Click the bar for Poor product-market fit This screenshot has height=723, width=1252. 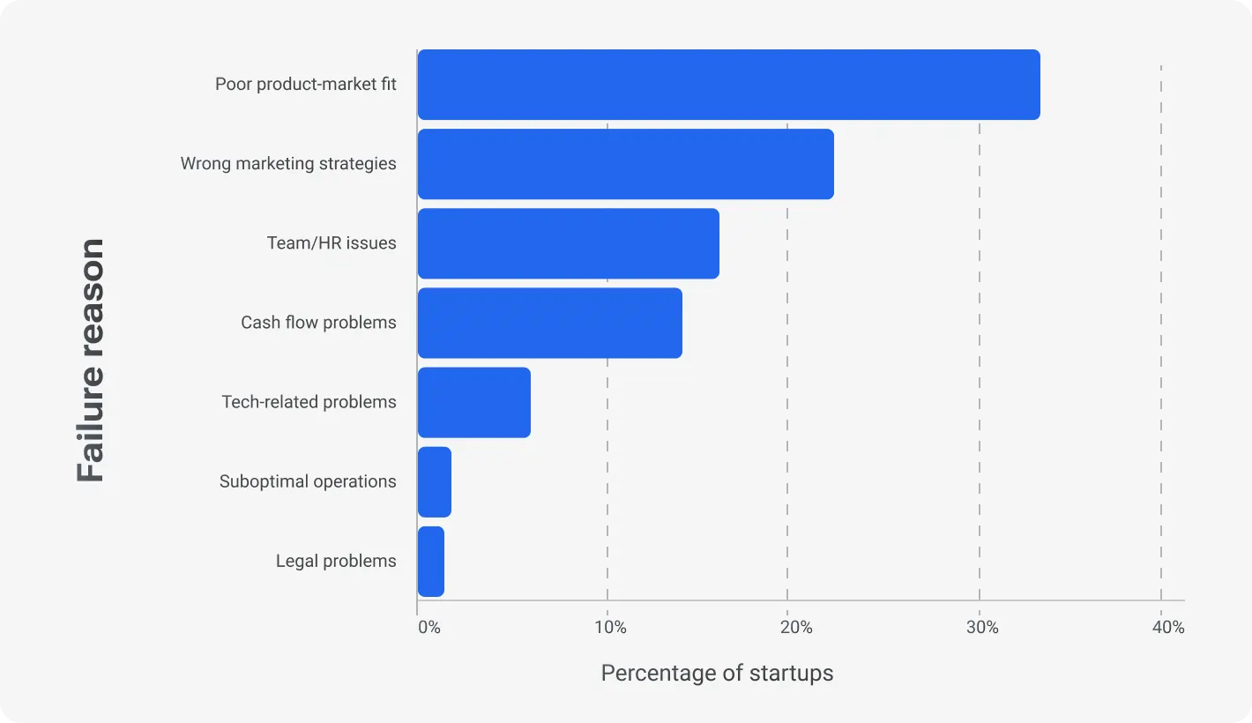click(728, 85)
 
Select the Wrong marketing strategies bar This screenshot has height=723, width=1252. click(625, 164)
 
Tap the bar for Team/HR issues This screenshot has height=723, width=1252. click(568, 243)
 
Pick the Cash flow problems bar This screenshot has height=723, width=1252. click(549, 323)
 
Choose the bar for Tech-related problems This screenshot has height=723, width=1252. click(473, 402)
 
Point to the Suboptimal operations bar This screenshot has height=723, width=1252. click(434, 481)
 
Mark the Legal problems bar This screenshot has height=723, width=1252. click(430, 561)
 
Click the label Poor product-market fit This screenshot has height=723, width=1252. click(305, 85)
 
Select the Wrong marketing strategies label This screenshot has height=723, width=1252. click(288, 164)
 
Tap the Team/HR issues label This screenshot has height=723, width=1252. click(332, 243)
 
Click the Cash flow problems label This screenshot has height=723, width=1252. click(318, 323)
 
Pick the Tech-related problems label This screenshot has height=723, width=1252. click(309, 402)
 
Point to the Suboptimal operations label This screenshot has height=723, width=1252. click(308, 481)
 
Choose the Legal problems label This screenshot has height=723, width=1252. click(336, 561)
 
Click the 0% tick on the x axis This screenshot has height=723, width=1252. click(429, 628)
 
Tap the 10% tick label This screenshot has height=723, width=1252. click(610, 628)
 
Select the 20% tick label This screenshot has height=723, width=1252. click(796, 628)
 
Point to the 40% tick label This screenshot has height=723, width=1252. click(1167, 628)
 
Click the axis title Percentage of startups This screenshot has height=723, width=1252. click(717, 674)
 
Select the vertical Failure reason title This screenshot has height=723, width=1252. click(91, 360)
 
